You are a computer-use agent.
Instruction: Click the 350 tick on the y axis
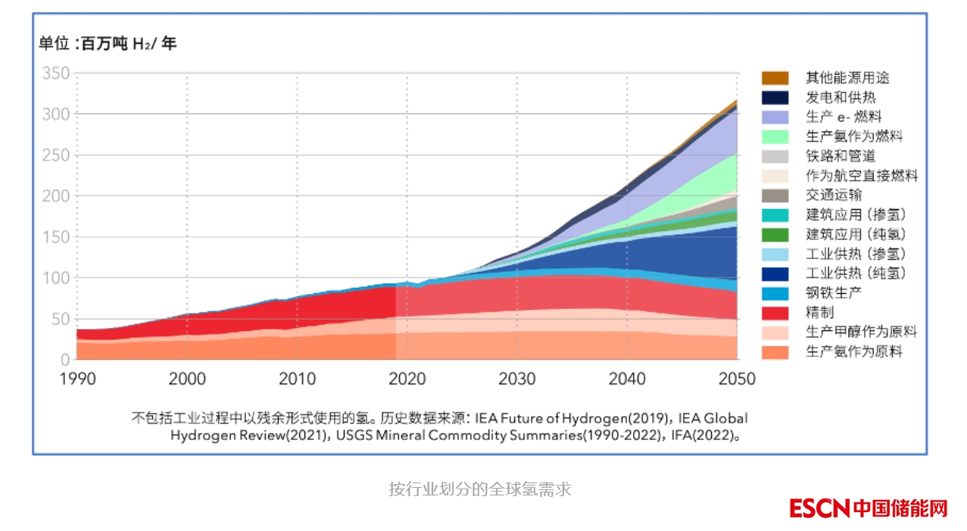coord(55,73)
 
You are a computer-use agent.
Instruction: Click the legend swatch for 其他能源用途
coord(775,78)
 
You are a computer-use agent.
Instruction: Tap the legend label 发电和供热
coord(841,98)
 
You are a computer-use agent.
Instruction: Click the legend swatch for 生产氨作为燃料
coord(775,137)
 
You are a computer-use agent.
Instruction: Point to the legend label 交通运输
coord(834,195)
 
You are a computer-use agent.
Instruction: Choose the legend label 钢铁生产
coord(834,293)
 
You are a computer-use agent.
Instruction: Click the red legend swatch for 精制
coord(775,313)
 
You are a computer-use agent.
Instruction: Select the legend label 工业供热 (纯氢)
coord(856,273)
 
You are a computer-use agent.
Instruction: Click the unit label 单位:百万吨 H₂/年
coord(108,44)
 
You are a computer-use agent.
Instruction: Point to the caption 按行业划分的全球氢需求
coord(480,489)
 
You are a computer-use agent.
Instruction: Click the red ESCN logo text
coord(819,508)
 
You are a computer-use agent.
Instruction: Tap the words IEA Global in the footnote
coord(713,418)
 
